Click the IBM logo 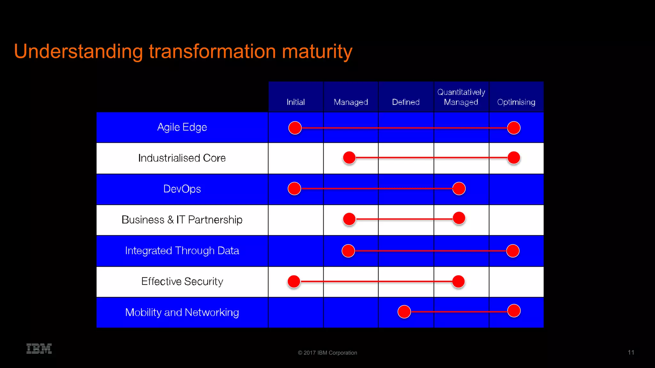39,349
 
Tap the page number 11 631,352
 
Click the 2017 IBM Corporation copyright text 327,353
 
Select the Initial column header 296,102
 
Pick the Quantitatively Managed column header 461,97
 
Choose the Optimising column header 516,102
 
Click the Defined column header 406,102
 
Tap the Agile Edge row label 182,127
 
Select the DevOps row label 182,189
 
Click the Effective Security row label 182,281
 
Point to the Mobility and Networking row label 182,312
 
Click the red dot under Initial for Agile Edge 295,128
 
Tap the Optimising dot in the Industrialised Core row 514,157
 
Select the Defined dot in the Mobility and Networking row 404,311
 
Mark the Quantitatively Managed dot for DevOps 459,188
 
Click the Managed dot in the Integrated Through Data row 348,251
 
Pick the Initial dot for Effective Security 294,281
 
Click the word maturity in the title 317,51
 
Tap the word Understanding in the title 78,51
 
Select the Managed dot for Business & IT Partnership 349,219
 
